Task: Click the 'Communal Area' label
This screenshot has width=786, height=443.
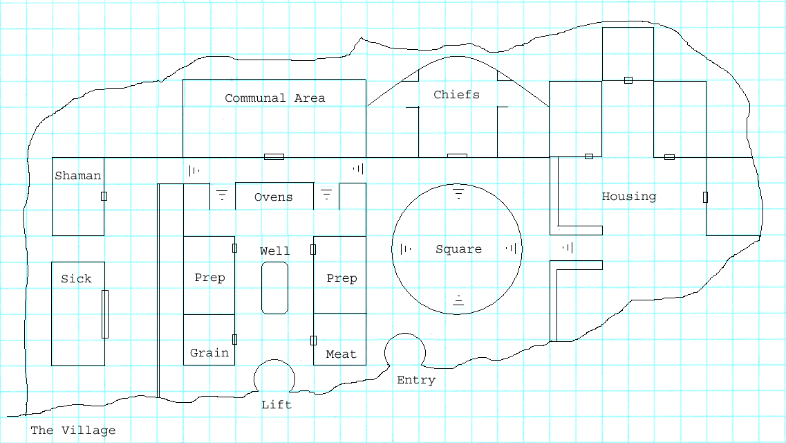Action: point(274,98)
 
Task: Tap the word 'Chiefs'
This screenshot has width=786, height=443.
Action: point(456,95)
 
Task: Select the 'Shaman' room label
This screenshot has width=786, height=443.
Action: point(78,176)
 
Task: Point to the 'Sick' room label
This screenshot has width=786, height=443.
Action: point(76,279)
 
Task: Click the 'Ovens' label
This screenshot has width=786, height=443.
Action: point(274,197)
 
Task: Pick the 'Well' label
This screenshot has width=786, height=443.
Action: point(274,251)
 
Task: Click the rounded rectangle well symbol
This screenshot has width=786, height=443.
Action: point(274,288)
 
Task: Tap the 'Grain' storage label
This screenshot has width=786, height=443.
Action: point(209,353)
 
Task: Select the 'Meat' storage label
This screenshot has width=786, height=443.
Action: point(341,354)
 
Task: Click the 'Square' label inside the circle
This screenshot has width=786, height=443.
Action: point(458,249)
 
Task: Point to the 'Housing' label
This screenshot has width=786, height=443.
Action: point(629,197)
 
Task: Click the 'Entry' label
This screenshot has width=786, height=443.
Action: point(416,380)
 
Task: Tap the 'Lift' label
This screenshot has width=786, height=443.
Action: point(277,405)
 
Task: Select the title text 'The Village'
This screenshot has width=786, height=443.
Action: point(73,431)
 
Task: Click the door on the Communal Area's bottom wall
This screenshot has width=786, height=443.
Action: point(274,157)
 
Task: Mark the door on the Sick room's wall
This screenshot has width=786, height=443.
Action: point(105,314)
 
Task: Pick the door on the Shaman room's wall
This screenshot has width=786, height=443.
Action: point(104,196)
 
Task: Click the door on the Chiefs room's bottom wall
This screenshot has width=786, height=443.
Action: point(457,156)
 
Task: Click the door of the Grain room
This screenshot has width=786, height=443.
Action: point(235,339)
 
